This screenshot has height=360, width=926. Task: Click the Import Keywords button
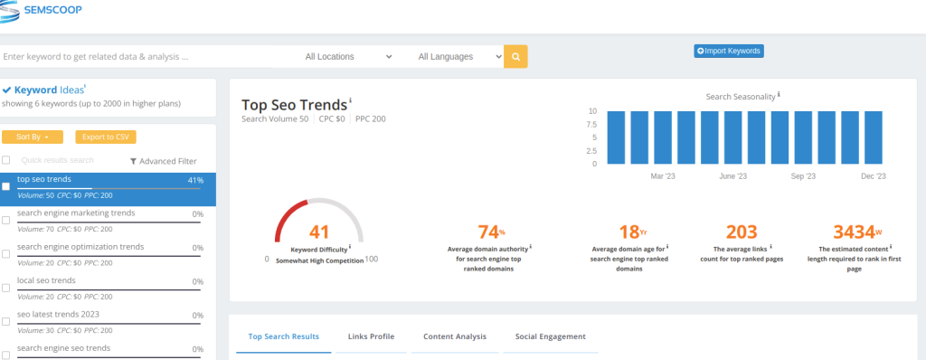pos(729,51)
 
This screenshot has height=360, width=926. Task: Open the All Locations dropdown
pos(348,57)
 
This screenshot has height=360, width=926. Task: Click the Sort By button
pos(33,137)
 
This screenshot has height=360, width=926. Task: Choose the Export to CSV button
pos(106,137)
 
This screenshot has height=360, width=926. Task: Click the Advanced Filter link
pos(164,161)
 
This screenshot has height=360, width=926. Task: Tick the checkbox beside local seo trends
pos(6,288)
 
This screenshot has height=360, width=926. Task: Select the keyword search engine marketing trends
pos(76,213)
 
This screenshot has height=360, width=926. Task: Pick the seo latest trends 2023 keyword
pos(59,315)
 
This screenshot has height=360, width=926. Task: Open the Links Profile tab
pos(371,337)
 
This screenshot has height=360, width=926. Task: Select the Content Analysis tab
pos(455,337)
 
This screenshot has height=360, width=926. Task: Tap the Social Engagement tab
pos(551,337)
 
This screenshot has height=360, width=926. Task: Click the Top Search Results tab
pos(283,337)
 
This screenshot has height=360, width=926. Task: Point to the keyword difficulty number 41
pos(319,232)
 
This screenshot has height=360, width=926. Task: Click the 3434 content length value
pos(854,232)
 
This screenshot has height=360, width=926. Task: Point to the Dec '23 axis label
pos(874,176)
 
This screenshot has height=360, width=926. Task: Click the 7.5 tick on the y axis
pos(591,124)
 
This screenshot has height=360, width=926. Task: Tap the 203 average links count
pos(742,232)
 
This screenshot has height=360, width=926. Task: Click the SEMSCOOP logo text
pos(53,10)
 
